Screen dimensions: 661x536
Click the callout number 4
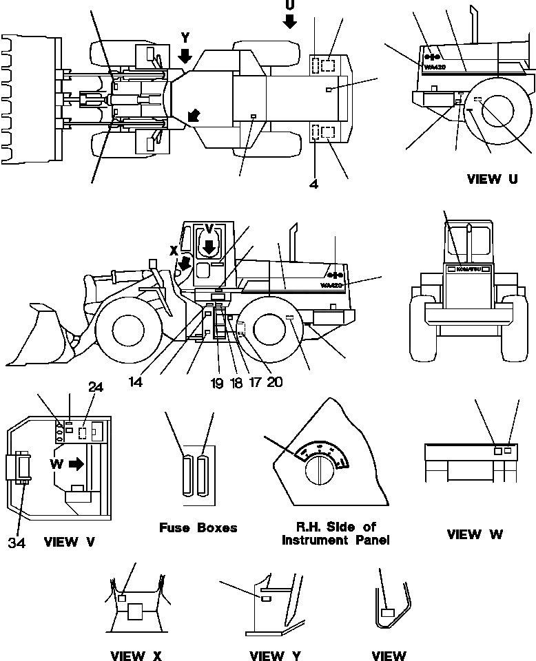313,184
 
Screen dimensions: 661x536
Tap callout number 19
217,383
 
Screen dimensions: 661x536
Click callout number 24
95,388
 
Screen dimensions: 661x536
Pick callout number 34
17,543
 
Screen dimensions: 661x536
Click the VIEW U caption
492,180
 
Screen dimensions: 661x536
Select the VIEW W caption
475,534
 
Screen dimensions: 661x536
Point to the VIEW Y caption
274,655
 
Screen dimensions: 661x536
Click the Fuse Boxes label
198,528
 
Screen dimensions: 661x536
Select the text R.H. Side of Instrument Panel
336,534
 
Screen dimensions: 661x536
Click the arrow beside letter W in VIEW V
76,463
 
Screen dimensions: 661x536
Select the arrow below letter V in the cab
209,246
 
